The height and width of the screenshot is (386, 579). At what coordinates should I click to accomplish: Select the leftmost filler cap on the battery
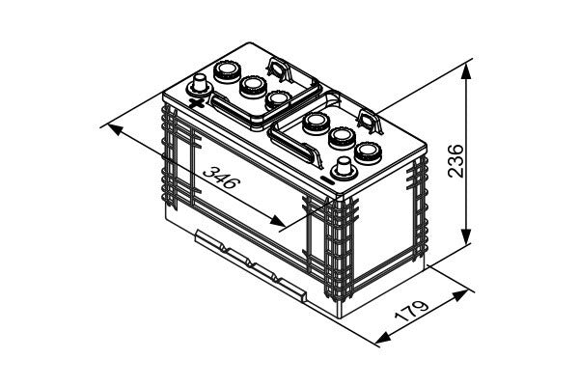coord(228,70)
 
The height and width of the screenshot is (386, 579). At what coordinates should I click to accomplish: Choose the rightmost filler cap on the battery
coord(368,152)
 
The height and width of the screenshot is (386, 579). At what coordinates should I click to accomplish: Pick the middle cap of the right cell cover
coord(342,137)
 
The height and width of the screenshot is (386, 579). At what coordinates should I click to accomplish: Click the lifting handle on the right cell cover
coord(369,120)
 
